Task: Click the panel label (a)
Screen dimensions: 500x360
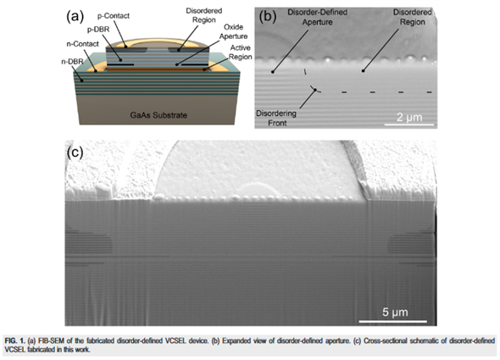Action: (75, 16)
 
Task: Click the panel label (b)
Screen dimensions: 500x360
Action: (267, 16)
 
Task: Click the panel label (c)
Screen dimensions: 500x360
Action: (75, 152)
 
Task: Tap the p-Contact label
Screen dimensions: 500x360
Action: (114, 15)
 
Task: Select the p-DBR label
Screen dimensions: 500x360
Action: (98, 30)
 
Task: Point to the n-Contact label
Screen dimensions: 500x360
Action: (82, 44)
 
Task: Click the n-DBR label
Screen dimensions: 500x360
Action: (72, 61)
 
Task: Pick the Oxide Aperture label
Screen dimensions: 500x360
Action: (233, 31)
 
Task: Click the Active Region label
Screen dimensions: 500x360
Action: (240, 52)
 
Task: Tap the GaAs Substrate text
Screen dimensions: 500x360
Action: (158, 115)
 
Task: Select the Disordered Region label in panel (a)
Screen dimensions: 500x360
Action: (204, 15)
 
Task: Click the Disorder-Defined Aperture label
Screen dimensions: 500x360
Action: (317, 17)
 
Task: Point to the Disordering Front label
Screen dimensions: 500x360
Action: (276, 118)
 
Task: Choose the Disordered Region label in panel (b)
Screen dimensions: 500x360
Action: (413, 17)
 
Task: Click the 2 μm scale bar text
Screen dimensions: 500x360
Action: (409, 118)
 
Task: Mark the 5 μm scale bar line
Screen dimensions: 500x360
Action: (393, 321)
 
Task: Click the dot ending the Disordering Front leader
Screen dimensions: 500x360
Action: (315, 91)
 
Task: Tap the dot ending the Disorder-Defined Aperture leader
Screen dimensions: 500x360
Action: (273, 72)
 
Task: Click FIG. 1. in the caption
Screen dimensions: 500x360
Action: (14, 341)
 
